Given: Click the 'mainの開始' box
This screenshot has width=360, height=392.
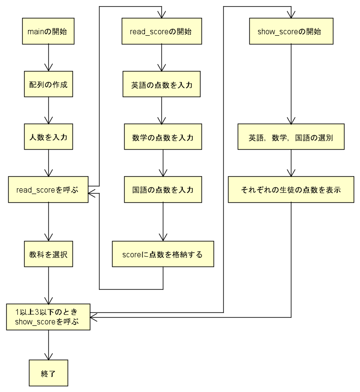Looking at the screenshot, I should [x=48, y=32].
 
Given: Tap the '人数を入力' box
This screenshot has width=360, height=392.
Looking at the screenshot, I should [x=48, y=137].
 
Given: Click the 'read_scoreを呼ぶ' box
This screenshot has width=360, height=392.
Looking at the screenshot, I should [x=48, y=190].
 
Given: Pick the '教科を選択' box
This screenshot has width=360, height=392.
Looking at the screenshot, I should [x=48, y=254].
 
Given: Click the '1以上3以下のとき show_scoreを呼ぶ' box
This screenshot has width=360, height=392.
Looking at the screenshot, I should [x=48, y=317].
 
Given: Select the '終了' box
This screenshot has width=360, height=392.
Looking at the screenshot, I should [x=48, y=373].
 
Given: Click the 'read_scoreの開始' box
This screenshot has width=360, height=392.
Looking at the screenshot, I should [x=162, y=32].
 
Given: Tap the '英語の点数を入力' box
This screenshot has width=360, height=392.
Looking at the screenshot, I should [x=162, y=84].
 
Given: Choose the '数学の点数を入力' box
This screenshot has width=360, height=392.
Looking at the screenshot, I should [x=163, y=137].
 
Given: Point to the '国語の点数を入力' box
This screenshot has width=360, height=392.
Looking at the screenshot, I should [x=163, y=190].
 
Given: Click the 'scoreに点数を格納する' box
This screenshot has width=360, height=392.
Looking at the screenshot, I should [x=163, y=254].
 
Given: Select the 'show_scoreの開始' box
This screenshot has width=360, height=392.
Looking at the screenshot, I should [x=291, y=32].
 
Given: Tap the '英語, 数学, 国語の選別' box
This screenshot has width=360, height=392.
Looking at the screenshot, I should [x=291, y=137].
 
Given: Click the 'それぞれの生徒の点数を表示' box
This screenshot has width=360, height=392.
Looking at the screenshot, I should [x=291, y=190].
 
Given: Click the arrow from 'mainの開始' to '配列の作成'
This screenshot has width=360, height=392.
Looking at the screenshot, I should [x=48, y=58].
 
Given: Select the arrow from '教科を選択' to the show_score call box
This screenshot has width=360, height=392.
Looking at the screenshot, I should [x=48, y=284].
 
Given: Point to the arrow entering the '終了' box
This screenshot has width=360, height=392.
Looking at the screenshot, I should [x=48, y=345].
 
